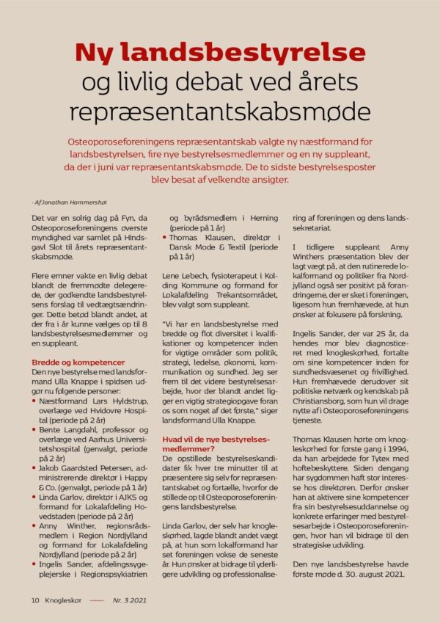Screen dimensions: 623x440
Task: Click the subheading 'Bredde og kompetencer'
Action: click(x=78, y=362)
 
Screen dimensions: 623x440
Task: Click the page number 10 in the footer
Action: click(x=35, y=600)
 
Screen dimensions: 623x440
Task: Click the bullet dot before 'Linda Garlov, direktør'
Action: click(x=34, y=498)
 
